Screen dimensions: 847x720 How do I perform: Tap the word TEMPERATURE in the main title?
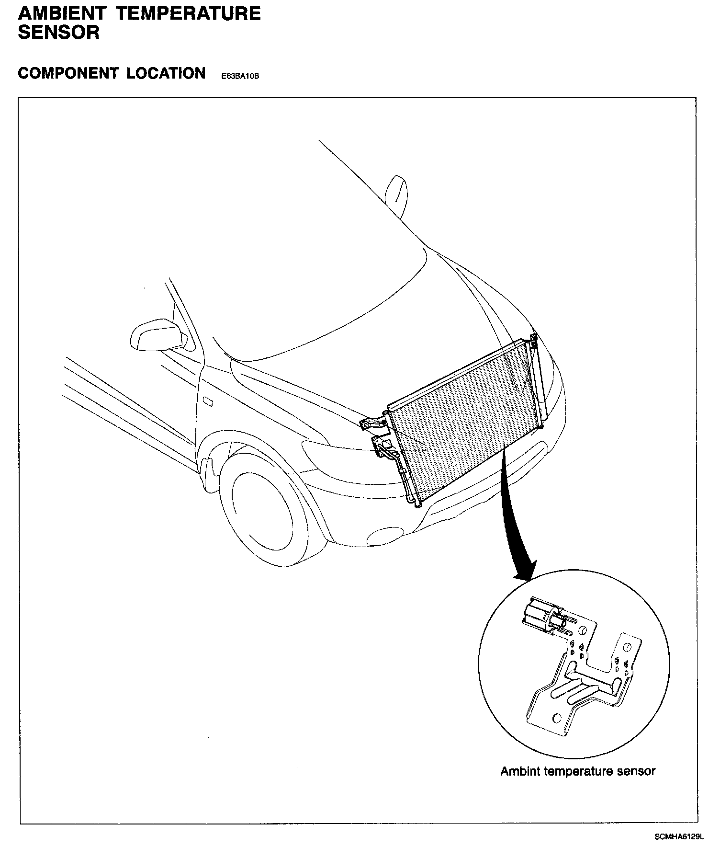coord(189,13)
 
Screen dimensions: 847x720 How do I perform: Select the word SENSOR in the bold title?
coord(58,33)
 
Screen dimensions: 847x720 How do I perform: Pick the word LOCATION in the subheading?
coord(166,73)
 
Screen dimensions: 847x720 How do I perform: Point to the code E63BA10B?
coord(240,76)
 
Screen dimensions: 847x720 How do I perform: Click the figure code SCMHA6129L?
coord(679,836)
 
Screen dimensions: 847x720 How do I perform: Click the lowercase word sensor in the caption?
coord(637,771)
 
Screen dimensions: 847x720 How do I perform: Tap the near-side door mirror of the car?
coord(157,333)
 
